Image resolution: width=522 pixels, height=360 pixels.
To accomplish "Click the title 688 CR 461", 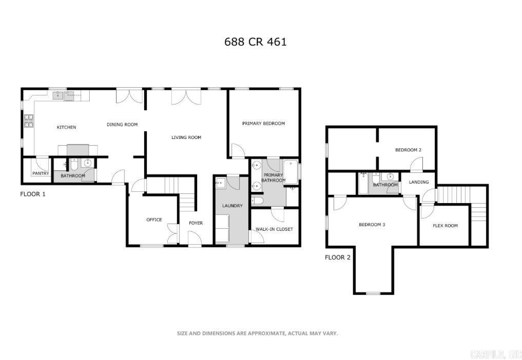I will coord(256,42).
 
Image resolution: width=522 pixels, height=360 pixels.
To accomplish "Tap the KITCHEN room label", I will coord(66,127).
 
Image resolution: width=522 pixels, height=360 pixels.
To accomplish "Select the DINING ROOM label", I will coord(122,124).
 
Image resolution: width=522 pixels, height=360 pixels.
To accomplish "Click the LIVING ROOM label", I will coord(186,137).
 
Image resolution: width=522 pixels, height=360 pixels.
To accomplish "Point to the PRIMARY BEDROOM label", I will coord(263,123).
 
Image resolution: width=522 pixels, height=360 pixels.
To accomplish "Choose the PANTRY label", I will coord(41,173).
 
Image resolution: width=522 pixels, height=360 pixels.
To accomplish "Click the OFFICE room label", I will coord(154,219).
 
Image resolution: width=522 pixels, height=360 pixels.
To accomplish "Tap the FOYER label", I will coord(196,223).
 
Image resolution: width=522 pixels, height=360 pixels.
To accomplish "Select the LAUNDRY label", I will coord(232,206).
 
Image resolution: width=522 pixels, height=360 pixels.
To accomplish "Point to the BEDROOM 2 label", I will coord(408,150).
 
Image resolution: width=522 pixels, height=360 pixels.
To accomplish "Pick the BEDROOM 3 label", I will coord(372,225).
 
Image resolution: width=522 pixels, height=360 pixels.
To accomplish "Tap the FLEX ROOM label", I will coord(445,225).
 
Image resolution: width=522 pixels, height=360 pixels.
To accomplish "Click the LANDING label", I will coord(418,182).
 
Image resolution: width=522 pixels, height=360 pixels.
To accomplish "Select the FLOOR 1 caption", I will coord(33,194).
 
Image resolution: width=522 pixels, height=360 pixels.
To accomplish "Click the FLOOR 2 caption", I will coord(338,257).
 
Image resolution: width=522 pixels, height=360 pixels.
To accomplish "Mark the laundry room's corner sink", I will coord(221,183).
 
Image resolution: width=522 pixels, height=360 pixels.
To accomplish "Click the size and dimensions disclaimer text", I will coord(257,333).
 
